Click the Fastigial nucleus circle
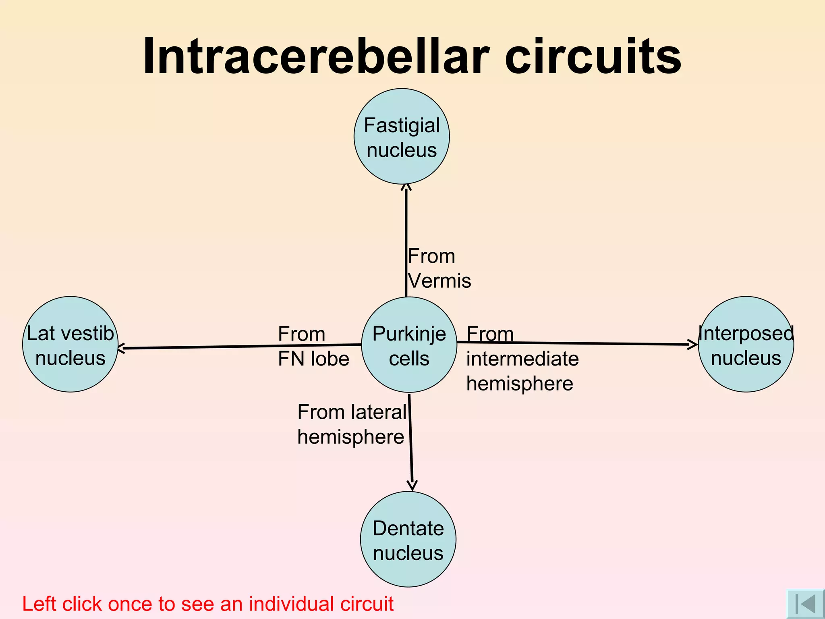point(402,136)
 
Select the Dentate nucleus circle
point(408,539)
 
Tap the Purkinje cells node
point(409,345)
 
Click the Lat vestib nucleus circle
point(70,345)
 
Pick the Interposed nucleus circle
point(746,345)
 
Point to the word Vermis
point(439,280)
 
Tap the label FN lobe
point(313,358)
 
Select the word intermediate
point(522,358)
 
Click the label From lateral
point(352,412)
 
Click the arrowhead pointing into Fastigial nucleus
point(406,187)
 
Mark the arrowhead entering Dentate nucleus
point(412,485)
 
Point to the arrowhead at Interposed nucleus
point(693,344)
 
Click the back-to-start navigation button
point(805,604)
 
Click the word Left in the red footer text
point(39,604)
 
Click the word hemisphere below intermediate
point(520,383)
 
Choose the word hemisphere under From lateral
point(350,437)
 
